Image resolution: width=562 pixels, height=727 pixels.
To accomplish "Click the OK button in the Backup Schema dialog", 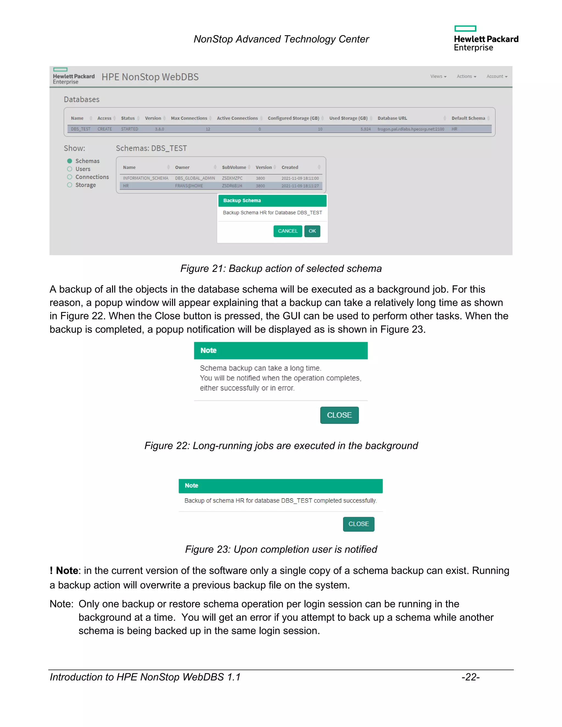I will click(312, 231).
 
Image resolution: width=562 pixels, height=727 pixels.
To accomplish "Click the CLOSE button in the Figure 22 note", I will click(339, 415).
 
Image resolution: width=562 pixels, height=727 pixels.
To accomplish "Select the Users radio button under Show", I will click(70, 169).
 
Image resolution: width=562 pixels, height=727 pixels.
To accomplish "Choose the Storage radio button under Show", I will click(70, 185).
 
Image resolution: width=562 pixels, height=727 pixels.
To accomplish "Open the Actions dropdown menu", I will click(466, 77).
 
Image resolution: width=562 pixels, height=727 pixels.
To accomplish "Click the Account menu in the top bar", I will click(497, 77).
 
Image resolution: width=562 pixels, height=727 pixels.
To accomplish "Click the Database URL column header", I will click(392, 118).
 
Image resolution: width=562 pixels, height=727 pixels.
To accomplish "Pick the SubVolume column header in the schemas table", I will click(234, 167).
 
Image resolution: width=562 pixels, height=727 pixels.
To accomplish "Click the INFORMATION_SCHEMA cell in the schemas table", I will click(145, 178).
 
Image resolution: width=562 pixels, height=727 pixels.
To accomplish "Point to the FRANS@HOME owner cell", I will click(189, 186).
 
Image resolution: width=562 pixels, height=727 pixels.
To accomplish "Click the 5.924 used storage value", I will click(365, 129).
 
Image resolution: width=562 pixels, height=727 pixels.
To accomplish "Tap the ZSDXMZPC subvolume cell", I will click(232, 178).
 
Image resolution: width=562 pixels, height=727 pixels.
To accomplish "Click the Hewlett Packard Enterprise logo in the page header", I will click(486, 39).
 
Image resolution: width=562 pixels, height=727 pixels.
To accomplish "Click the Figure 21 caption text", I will click(281, 269).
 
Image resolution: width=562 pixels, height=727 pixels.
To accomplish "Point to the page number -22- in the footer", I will click(470, 677).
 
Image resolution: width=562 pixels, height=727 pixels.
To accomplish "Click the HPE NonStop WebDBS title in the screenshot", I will click(150, 77).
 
